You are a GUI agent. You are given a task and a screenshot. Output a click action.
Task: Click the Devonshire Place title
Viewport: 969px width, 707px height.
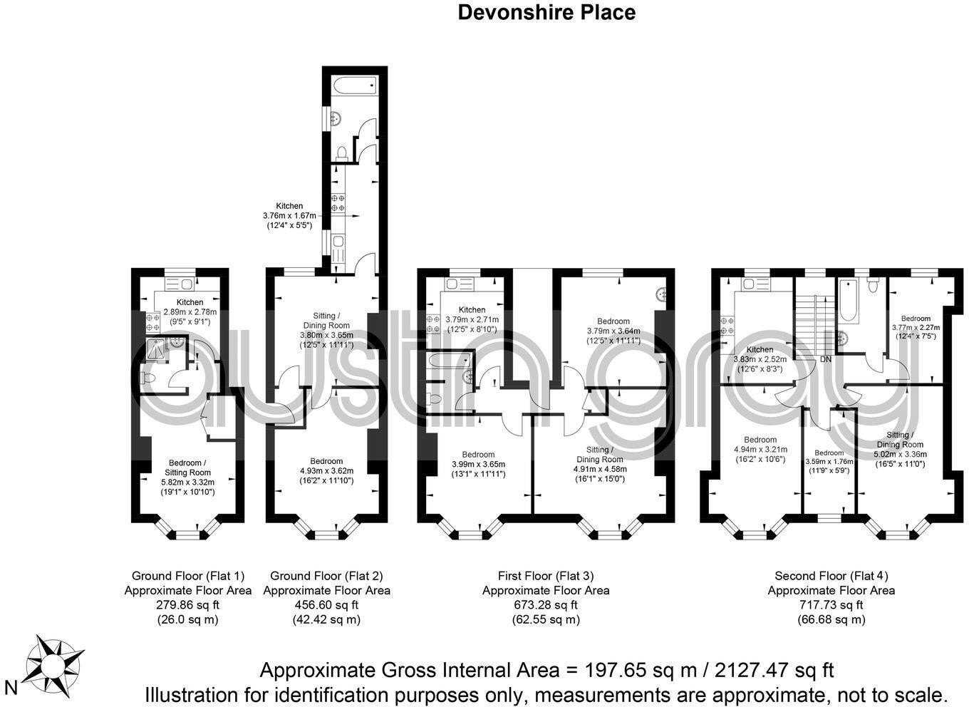click(x=546, y=12)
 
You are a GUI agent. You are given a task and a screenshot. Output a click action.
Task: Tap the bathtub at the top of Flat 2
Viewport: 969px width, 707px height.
click(x=354, y=86)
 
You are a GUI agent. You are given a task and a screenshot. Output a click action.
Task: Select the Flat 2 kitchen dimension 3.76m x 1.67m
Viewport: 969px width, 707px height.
click(x=289, y=216)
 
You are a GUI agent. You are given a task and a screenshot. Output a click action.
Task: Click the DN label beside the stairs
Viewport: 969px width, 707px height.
click(x=826, y=359)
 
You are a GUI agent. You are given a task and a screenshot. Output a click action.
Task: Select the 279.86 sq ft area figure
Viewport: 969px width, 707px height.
click(x=187, y=605)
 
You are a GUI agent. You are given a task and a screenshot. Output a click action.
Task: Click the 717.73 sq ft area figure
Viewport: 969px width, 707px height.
click(x=831, y=605)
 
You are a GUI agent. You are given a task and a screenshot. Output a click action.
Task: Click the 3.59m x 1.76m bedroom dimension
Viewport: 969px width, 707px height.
click(x=829, y=461)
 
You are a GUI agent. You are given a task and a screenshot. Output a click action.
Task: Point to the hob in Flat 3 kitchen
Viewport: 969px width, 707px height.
click(x=432, y=324)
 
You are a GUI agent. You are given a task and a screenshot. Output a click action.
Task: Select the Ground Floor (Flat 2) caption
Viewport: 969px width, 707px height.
click(x=326, y=576)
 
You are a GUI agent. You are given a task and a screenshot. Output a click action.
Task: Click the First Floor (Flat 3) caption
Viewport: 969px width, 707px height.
click(x=546, y=576)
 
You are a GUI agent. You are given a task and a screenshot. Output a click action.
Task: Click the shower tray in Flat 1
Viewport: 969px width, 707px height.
click(x=155, y=349)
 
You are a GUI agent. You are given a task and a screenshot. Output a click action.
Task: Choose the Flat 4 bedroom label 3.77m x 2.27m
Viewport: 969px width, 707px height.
click(x=915, y=327)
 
